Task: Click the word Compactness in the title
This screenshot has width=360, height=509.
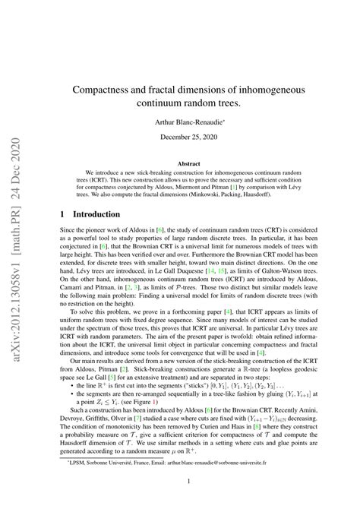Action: [x=115, y=90]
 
